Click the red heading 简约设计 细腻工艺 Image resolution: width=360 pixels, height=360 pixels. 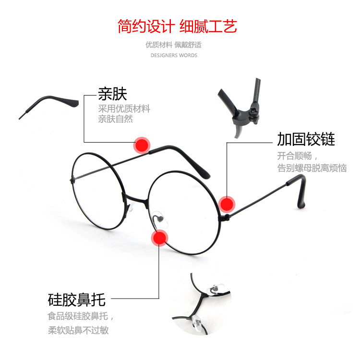178,25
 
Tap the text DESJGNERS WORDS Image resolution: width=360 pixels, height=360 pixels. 174,55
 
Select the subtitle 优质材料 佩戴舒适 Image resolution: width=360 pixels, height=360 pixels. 174,45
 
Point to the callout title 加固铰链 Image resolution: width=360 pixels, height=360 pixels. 306,139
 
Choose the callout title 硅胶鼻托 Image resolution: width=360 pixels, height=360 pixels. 76,300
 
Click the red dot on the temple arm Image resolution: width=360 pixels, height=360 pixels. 142,144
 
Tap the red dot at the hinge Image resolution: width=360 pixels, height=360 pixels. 227,204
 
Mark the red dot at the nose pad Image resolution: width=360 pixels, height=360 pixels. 159,238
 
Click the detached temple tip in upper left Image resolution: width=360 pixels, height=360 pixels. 48,104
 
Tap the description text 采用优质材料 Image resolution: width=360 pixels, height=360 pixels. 124,108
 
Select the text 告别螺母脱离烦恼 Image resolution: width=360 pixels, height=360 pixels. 312,168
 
